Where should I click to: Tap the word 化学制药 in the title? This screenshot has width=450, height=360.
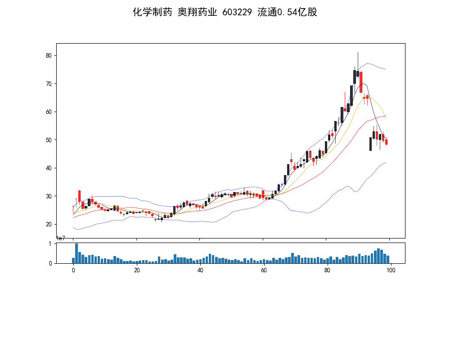pyautogui.click(x=152, y=12)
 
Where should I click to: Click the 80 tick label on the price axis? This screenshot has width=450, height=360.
pyautogui.click(x=48, y=56)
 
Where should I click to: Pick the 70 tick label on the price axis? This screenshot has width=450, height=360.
pyautogui.click(x=48, y=84)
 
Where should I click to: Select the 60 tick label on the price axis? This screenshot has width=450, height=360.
pyautogui.click(x=48, y=112)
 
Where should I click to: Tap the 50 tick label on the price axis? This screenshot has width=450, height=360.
pyautogui.click(x=48, y=140)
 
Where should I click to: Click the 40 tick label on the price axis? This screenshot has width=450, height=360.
pyautogui.click(x=48, y=168)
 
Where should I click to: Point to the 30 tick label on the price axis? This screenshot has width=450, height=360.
pyautogui.click(x=48, y=196)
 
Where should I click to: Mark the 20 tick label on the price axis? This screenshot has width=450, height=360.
pyautogui.click(x=48, y=225)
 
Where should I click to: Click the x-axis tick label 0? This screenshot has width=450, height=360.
pyautogui.click(x=73, y=270)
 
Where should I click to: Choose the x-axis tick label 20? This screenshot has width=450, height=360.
pyautogui.click(x=137, y=270)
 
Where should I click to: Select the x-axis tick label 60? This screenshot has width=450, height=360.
pyautogui.click(x=264, y=270)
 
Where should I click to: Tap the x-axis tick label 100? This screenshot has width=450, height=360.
pyautogui.click(x=391, y=270)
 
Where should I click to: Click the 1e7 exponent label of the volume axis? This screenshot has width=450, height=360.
pyautogui.click(x=61, y=238)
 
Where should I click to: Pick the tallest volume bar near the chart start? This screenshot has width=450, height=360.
pyautogui.click(x=76, y=253)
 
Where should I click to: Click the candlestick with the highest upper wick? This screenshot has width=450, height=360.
pyautogui.click(x=358, y=72)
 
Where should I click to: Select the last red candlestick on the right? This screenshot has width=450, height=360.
pyautogui.click(x=386, y=142)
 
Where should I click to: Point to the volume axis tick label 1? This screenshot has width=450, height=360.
pyautogui.click(x=50, y=244)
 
